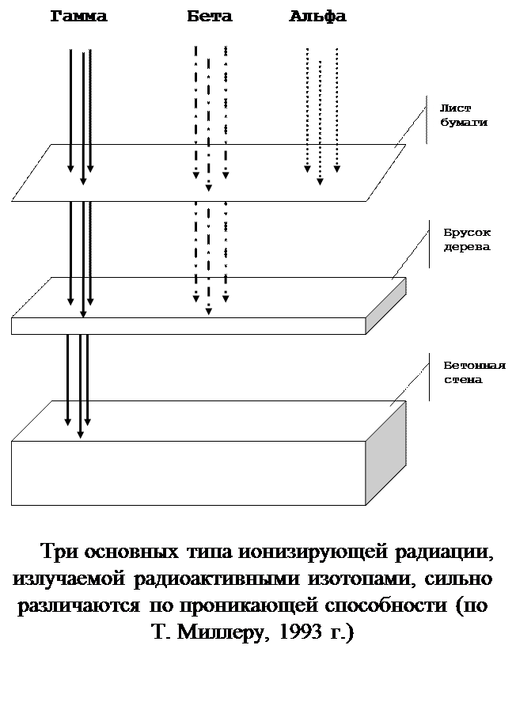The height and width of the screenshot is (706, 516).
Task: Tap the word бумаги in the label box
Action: [464, 123]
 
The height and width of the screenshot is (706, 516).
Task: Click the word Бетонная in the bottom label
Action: [465, 366]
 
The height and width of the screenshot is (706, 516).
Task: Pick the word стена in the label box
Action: [462, 380]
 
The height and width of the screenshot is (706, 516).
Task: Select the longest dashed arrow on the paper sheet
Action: [208, 168]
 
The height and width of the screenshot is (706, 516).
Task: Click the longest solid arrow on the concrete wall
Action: [80, 419]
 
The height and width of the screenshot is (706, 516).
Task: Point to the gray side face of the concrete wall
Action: [385, 455]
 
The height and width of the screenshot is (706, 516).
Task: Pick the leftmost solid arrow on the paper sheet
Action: [70, 158]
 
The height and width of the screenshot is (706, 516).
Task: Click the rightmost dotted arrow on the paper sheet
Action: [336, 158]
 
